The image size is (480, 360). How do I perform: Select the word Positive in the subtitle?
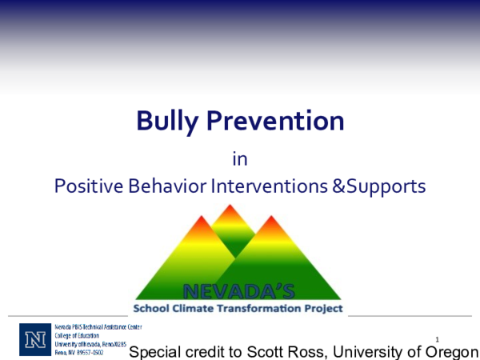click(x=85, y=186)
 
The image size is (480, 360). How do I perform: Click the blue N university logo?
click(x=35, y=339)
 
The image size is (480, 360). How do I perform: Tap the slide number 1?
click(x=438, y=339)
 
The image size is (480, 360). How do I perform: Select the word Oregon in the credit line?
click(x=453, y=352)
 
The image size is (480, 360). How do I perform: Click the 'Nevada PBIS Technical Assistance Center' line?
click(x=98, y=327)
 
